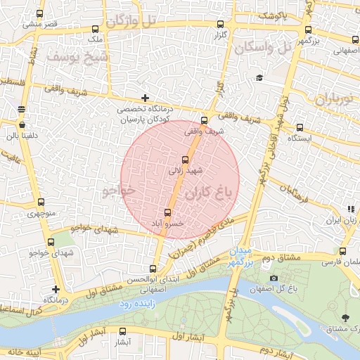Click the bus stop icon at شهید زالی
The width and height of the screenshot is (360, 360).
(185, 160)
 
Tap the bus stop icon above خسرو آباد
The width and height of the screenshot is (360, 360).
(167, 212)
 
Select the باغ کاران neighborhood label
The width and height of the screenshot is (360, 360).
(219, 191)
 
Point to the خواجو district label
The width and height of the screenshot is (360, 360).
(117, 191)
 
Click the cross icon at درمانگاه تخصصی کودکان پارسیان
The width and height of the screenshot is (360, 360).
(145, 98)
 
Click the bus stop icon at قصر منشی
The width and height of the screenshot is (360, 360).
(40, 13)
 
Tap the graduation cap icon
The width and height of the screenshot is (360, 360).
(259, 77)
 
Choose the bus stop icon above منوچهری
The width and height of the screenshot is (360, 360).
(40, 202)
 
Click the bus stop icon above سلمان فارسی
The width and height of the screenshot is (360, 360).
(342, 251)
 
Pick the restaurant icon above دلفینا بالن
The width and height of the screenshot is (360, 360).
(22, 109)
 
